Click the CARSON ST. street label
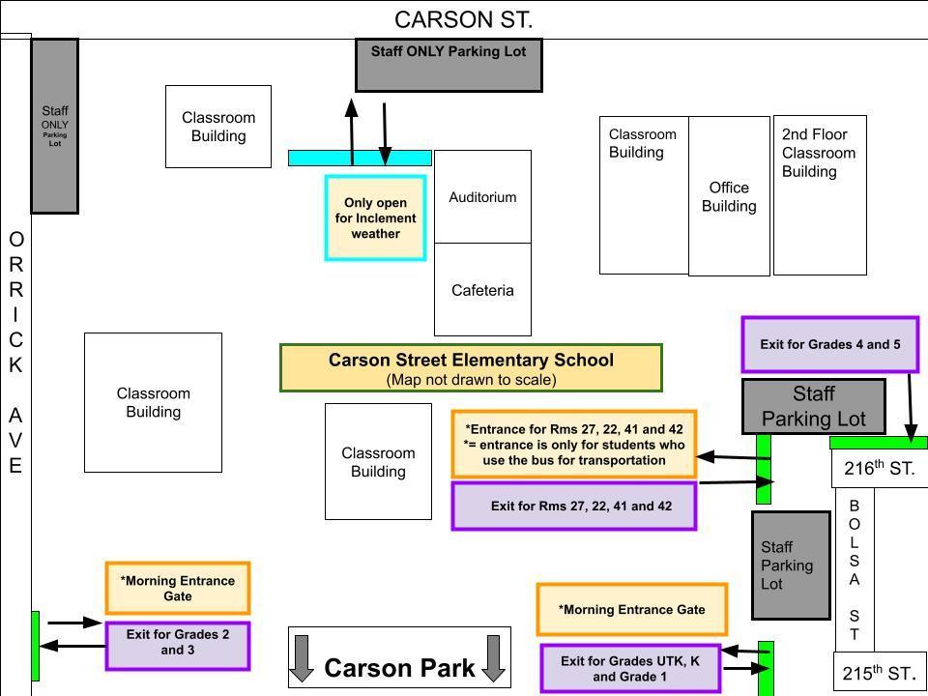463,19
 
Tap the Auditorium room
482,197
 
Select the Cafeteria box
482,290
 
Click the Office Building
729,197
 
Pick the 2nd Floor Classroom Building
820,194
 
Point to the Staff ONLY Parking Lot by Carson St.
449,65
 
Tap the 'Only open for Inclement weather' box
375,218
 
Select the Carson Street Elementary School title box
471,367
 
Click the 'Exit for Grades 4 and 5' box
829,344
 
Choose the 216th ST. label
879,470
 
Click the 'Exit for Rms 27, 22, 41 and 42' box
574,506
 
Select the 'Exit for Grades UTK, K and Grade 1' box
630,668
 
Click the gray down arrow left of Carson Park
302,658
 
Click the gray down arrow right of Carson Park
494,658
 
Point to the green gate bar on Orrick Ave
36,645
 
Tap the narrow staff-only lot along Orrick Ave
55,126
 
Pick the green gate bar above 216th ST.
878,443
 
